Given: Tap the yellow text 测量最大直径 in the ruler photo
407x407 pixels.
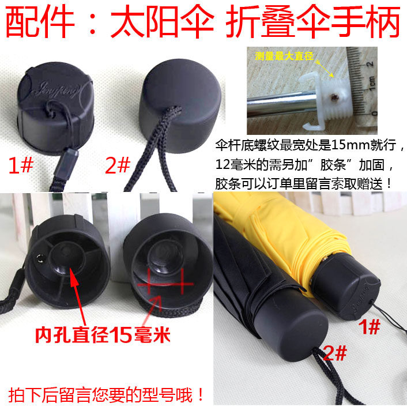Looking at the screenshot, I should click(284, 56).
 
